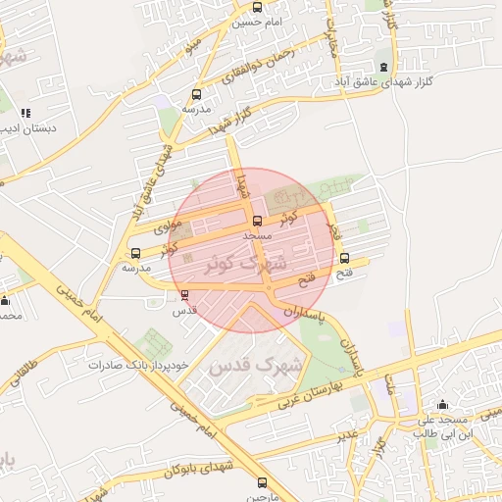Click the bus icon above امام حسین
(257, 8)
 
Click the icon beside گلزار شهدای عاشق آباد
(383, 67)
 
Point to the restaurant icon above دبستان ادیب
(25, 113)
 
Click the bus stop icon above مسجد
(258, 221)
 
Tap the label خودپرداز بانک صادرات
(137, 364)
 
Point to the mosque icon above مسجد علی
(443, 405)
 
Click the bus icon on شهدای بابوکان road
(262, 482)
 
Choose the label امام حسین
(259, 22)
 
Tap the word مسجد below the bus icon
(257, 236)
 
